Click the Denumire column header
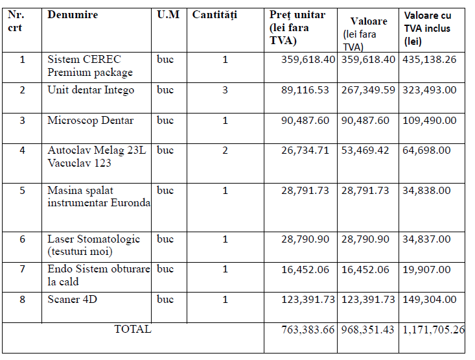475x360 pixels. [73, 14]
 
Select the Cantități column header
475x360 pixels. [214, 15]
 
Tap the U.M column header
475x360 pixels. [168, 14]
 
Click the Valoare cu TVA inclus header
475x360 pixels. [428, 28]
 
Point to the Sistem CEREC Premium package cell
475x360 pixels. [90, 66]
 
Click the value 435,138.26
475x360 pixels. [429, 60]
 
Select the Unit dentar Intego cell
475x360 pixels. [91, 90]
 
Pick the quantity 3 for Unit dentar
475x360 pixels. [225, 90]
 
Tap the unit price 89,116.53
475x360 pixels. [305, 90]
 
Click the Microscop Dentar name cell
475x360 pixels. [90, 121]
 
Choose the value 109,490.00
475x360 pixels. [429, 121]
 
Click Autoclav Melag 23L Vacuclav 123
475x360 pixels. [97, 156]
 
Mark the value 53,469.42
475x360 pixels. [365, 150]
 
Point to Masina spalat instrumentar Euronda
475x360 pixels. [98, 197]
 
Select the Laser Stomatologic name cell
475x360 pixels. [93, 245]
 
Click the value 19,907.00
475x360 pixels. [426, 269]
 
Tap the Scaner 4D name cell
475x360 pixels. [72, 299]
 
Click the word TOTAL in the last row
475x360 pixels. [133, 329]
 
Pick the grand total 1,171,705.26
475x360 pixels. [433, 330]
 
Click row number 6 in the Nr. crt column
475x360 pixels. [22, 239]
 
